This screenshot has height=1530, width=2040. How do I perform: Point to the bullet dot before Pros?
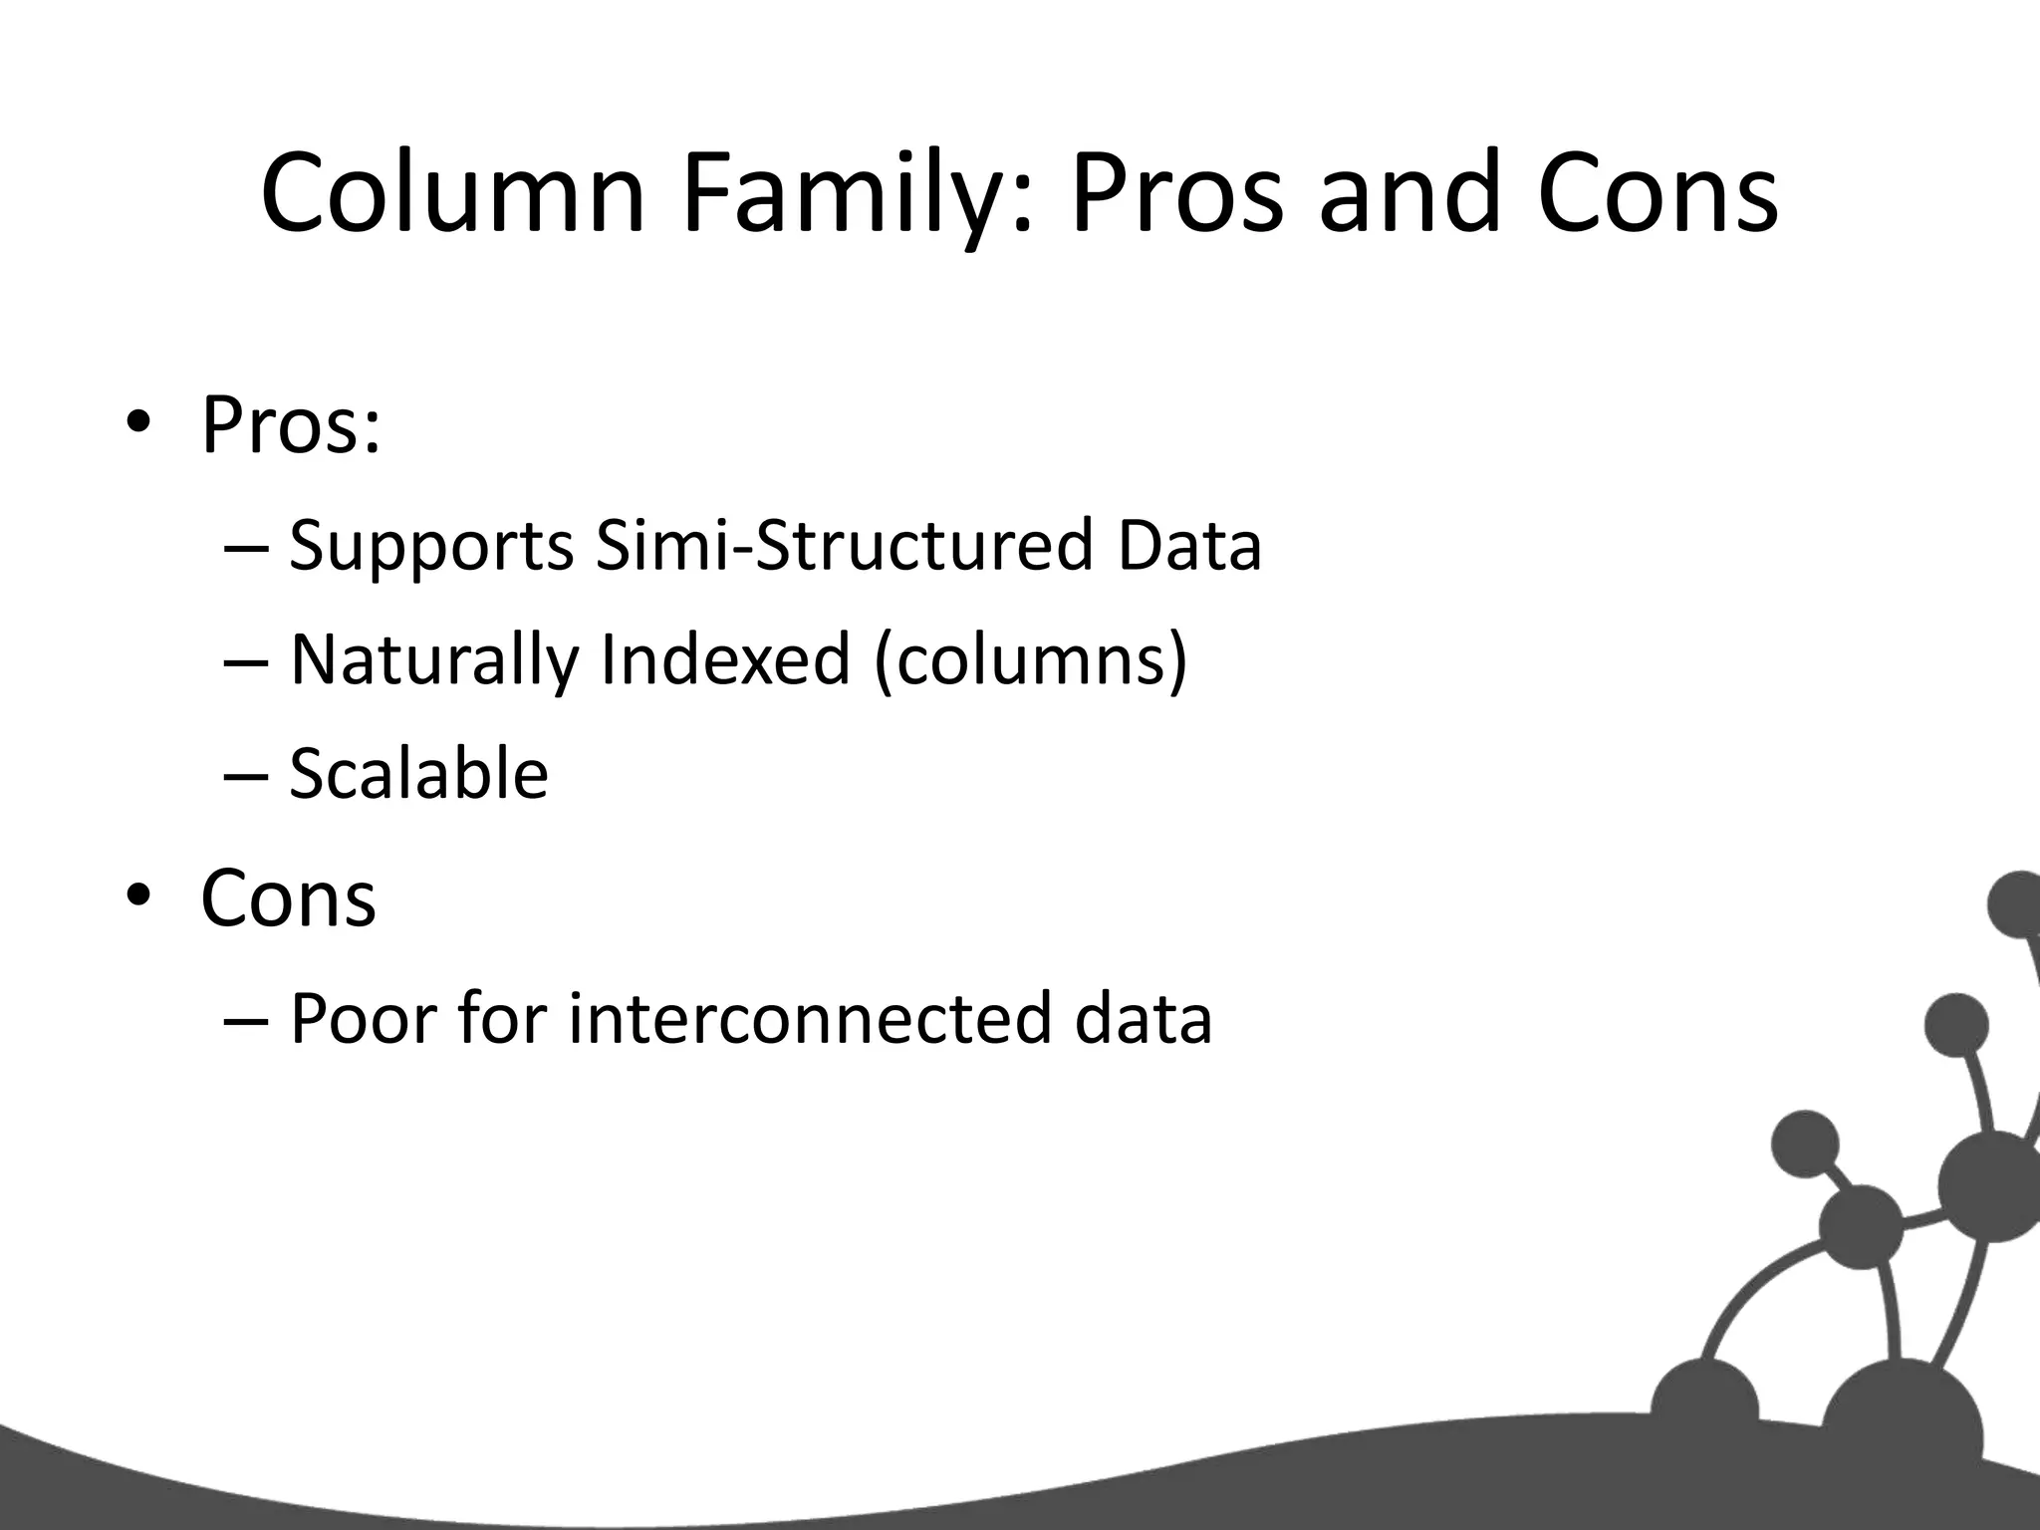tap(138, 424)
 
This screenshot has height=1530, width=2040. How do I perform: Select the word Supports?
tap(431, 547)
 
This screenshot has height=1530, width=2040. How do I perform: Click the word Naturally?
tap(434, 661)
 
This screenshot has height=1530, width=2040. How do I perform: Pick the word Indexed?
tap(725, 659)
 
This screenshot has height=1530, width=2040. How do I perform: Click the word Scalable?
tap(418, 774)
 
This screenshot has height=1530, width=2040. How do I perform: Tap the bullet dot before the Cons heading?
tap(138, 896)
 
